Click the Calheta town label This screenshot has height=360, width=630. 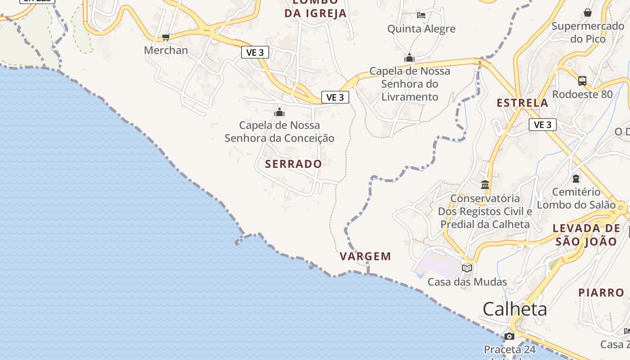coord(515,309)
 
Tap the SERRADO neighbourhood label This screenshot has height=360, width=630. coord(293,164)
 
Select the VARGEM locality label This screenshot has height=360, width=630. coord(365,256)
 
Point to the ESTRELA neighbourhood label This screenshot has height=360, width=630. coord(522,103)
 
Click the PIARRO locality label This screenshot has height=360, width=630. coord(601,293)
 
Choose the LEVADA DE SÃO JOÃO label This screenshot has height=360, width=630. coord(586,235)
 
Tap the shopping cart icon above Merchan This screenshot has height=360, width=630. coord(166,37)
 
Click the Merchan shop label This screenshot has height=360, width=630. coord(166,50)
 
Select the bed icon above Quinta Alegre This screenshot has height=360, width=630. coord(421,15)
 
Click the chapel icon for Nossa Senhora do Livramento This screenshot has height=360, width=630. coord(409,58)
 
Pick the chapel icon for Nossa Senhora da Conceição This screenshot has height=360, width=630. coord(279,112)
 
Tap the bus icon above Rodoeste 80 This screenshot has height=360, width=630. coord(582,81)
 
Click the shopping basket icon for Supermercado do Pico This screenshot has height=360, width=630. coord(588,13)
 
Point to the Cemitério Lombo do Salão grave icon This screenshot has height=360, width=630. coord(576,179)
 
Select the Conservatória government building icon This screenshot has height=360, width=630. coord(485,184)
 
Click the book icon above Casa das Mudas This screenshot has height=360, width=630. coord(467,269)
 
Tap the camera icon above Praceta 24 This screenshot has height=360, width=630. coord(509,336)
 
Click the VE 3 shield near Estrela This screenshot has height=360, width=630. coord(543,125)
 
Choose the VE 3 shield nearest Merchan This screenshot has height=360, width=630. coord(255,53)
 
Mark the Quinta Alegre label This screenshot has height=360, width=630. coord(422,29)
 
